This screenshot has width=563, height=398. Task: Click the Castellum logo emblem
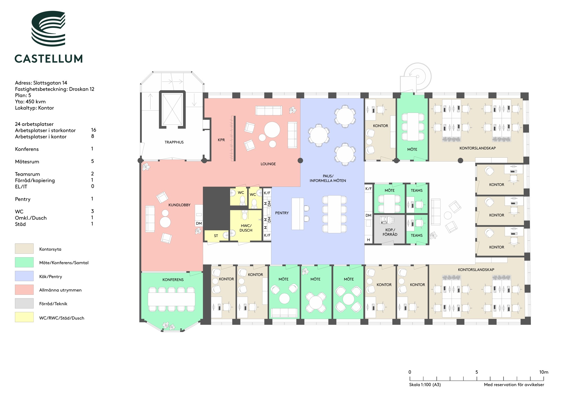coord(48,29)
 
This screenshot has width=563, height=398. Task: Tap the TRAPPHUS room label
coord(174,142)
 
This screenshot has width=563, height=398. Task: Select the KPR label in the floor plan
coord(221,140)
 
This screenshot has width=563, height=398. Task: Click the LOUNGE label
coord(268,164)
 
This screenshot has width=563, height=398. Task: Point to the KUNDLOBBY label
coord(179,205)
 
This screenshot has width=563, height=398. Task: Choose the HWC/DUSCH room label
coord(246,228)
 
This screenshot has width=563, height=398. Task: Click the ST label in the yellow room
coord(216,236)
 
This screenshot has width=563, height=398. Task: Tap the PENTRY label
coord(282,213)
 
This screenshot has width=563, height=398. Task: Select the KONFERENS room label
coord(173,280)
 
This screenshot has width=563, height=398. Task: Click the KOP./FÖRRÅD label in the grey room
coord(390,232)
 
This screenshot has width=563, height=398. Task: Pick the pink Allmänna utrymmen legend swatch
coord(24,290)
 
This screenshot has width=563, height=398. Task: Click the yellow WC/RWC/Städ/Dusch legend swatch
coord(24,317)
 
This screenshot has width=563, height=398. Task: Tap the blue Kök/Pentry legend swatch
coord(24,276)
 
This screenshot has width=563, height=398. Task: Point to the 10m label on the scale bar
coord(544,372)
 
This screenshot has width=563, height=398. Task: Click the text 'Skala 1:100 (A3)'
coord(425,385)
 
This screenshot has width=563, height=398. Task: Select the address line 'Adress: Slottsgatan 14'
coord(41,83)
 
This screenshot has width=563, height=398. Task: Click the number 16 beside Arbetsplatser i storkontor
coord(94,130)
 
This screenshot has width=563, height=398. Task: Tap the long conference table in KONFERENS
coord(171,299)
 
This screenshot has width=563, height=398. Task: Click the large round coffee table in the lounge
coord(272,129)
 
